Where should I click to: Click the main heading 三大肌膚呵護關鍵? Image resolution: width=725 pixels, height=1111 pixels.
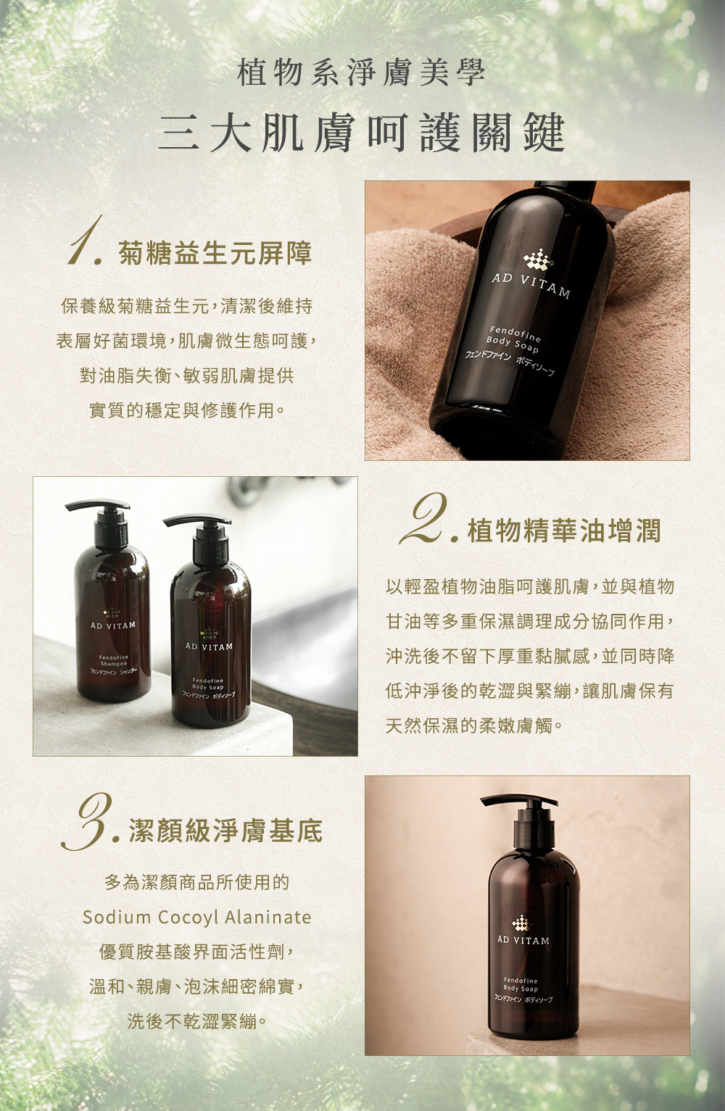click(362, 132)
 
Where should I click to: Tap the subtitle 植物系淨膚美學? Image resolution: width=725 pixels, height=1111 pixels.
click(362, 72)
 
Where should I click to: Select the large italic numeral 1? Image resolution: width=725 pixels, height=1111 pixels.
click(85, 240)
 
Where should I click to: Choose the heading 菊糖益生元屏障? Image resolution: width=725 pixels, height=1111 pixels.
click(215, 254)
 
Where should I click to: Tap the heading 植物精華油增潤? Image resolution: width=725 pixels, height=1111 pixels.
click(564, 530)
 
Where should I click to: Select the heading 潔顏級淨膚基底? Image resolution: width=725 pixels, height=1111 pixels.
click(226, 831)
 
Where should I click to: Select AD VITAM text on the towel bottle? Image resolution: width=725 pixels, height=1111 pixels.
click(531, 286)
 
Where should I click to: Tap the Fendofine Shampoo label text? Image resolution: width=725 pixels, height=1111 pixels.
click(114, 660)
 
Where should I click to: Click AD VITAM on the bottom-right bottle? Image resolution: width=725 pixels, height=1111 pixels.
click(523, 941)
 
